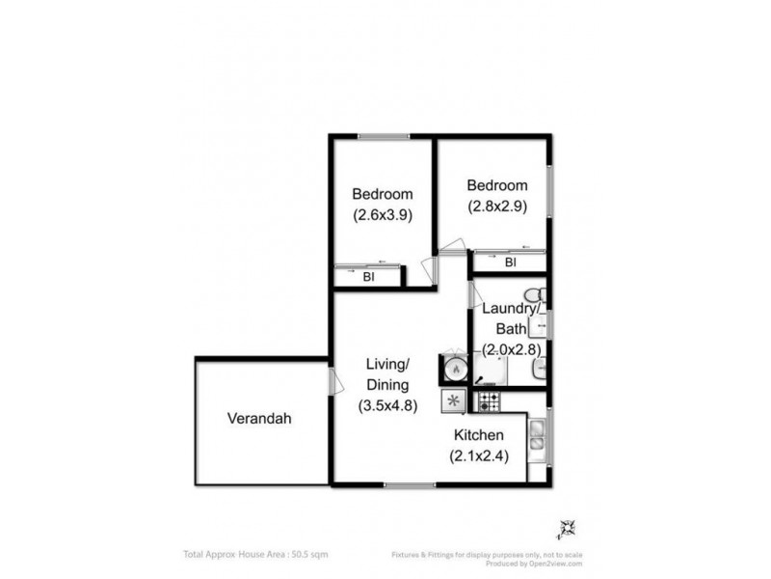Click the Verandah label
coord(259,419)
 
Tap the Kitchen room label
coord(479,436)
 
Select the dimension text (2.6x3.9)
coord(382,216)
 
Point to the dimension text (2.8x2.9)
coord(497,207)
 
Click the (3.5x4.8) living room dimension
coord(387,405)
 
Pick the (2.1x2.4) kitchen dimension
coord(479,457)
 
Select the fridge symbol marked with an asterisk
coord(453,400)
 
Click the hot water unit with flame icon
coord(453,369)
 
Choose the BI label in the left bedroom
coord(368,277)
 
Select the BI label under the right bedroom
coord(510,262)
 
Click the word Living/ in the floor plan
coord(387,364)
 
